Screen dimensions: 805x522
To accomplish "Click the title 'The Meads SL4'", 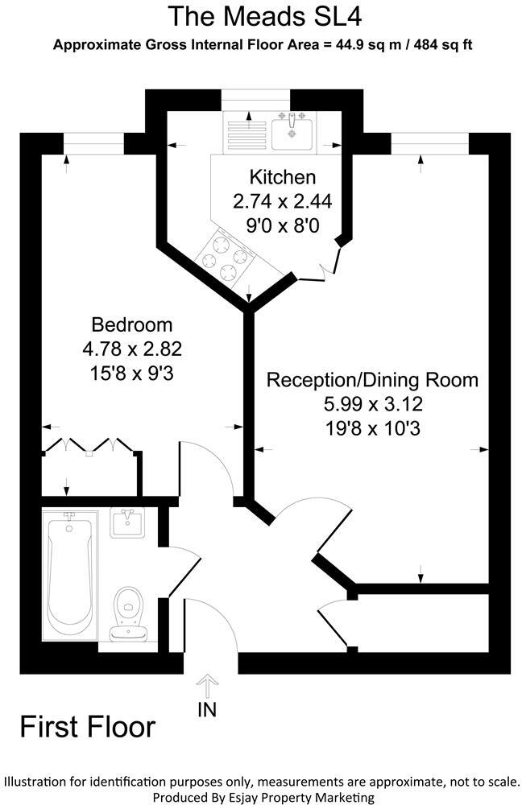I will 262,16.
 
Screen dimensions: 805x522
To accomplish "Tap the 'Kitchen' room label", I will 282,177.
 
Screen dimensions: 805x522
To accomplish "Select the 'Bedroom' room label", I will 131,325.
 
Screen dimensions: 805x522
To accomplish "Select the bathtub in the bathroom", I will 70,576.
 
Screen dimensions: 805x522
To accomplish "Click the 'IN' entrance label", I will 207,709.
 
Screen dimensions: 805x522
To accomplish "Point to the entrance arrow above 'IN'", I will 207,687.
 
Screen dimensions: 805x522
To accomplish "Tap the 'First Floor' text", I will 87,727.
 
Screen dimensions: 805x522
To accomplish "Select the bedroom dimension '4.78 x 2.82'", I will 131,349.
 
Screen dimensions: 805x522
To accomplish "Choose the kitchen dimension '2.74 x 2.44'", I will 282,201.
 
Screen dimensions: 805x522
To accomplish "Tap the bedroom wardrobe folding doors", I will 89,445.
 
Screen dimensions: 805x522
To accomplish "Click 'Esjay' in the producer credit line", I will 256,797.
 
